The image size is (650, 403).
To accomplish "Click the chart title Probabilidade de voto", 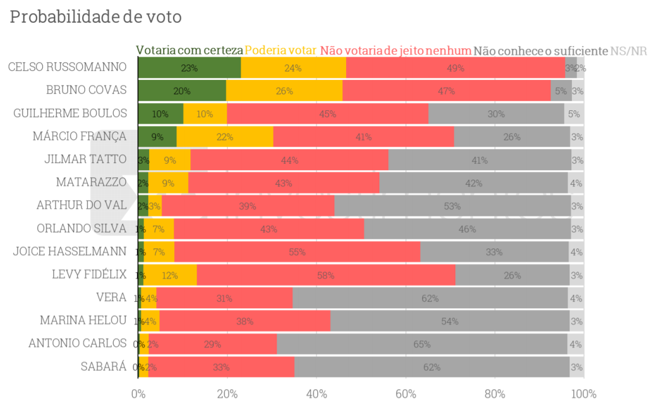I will tap(96, 17).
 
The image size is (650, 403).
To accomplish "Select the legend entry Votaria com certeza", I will tap(190, 51).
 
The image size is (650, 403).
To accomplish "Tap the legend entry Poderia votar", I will tap(281, 51).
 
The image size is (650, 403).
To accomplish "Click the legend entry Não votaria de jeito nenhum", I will tap(395, 51).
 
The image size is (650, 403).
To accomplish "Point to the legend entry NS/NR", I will tap(628, 51).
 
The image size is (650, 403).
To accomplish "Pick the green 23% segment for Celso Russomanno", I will tap(189, 68).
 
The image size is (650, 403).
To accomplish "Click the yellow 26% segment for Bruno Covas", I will tap(284, 91).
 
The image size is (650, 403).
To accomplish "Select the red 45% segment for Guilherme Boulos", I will tap(327, 114).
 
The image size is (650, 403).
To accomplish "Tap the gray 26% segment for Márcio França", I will tap(511, 137).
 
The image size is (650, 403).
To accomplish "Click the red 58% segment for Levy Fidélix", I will tap(326, 275).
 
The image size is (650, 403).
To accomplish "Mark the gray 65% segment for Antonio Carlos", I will tap(422, 344).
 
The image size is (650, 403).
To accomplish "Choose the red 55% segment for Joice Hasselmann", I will tap(297, 252).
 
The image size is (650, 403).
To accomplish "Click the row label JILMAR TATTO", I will tap(85, 159).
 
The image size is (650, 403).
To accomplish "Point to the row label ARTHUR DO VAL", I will tap(82, 205).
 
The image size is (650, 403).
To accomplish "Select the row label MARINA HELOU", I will tap(83, 320).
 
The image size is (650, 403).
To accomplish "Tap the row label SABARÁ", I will tap(104, 366).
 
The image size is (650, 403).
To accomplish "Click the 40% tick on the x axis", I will tap(316, 394).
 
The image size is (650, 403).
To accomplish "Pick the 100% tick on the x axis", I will tap(583, 394).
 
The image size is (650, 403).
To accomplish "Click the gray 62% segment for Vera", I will tap(430, 298).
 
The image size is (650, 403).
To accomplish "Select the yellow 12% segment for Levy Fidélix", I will tap(170, 275).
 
